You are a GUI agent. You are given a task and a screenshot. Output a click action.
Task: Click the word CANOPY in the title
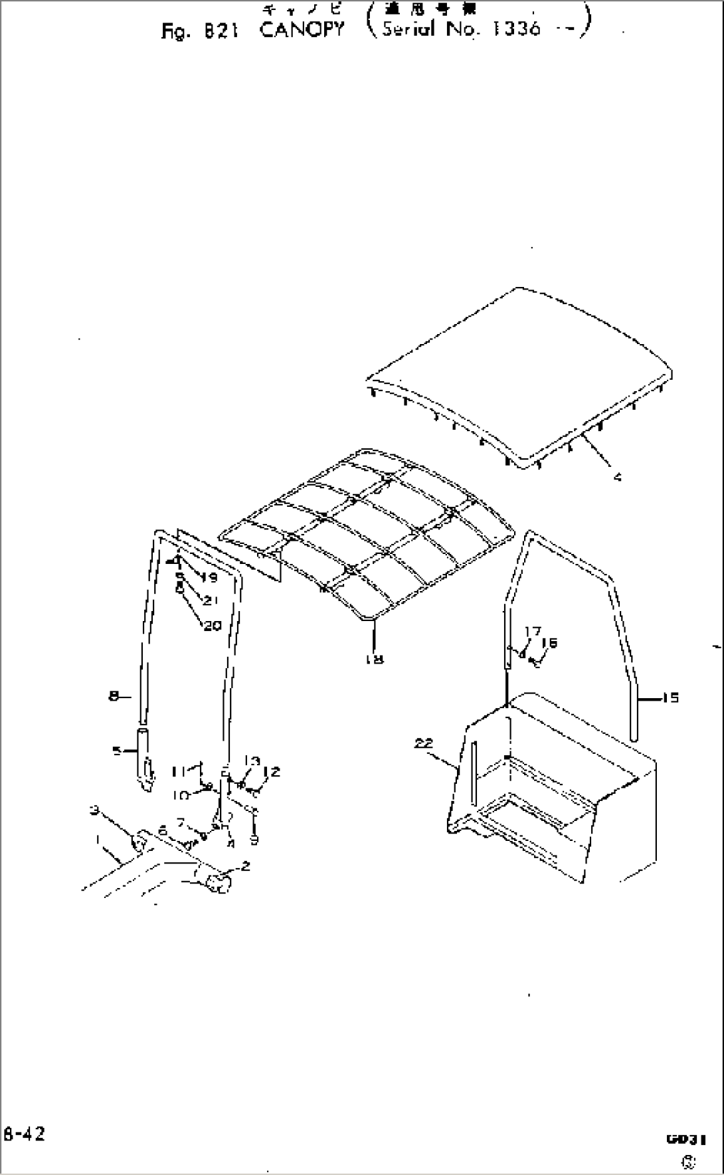coord(302,30)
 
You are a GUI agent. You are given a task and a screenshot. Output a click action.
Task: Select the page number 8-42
coord(24,1134)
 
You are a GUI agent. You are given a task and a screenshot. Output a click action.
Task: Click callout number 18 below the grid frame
coord(375,660)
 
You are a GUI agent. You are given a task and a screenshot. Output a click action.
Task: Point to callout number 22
coord(424,744)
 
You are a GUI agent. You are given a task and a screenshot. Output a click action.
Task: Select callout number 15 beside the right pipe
coord(670,698)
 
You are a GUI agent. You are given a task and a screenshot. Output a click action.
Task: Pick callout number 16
coord(549,642)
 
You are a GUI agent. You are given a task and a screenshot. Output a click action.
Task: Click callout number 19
coord(209,578)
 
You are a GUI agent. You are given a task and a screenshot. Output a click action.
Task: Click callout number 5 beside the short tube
coord(116,751)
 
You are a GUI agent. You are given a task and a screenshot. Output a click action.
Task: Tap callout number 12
coord(272,772)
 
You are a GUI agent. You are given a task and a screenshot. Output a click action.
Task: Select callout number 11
coord(178,772)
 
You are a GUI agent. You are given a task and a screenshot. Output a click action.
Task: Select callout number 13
coord(252,761)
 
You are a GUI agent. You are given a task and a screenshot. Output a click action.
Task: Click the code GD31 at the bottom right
coord(684,1139)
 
